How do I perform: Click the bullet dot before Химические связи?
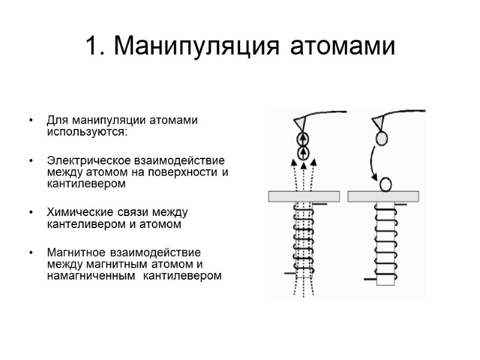tap(31, 213)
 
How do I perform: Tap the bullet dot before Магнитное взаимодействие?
tap(31, 253)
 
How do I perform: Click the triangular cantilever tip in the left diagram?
tap(298, 123)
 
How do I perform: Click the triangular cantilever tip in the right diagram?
tap(379, 123)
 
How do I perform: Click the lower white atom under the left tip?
tap(303, 153)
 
